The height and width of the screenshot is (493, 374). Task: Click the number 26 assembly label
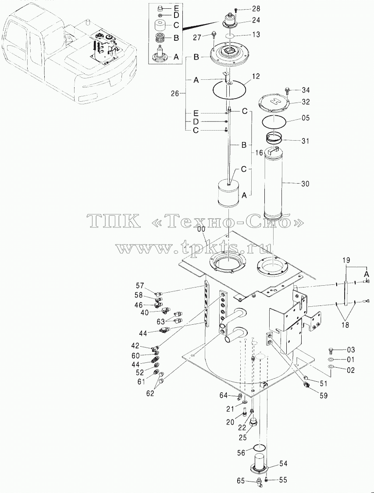click(x=175, y=93)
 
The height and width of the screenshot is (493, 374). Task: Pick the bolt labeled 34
click(x=287, y=91)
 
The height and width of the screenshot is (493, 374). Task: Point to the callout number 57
click(x=140, y=286)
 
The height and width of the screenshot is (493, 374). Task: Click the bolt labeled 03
click(x=331, y=350)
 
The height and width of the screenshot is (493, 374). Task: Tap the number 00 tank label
click(x=201, y=230)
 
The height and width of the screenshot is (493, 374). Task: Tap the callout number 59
click(x=323, y=396)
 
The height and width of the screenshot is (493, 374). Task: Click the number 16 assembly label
click(x=258, y=153)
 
